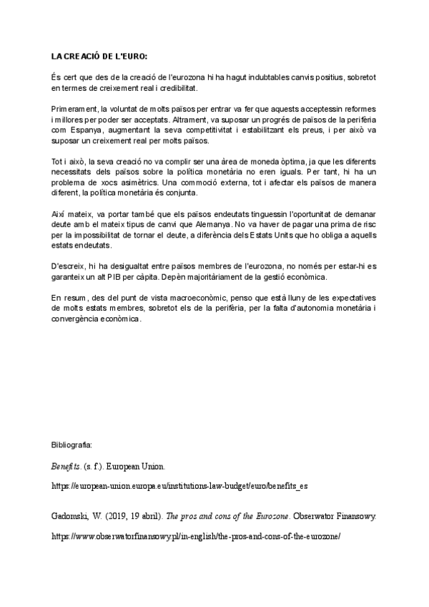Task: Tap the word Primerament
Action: pos(74,107)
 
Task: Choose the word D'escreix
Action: pos(67,264)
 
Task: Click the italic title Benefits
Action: pos(66,466)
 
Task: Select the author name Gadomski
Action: pos(72,516)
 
